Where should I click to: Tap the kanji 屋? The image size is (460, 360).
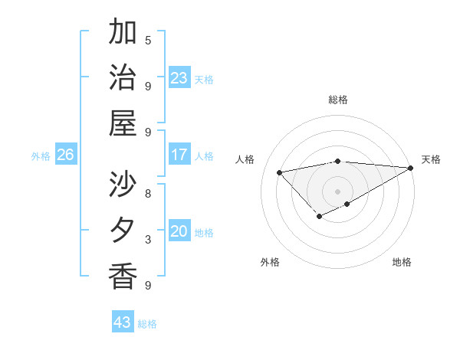123,123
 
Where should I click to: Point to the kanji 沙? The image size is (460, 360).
123,185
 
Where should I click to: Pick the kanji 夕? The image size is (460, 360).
123,231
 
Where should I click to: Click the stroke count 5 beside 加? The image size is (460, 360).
148,40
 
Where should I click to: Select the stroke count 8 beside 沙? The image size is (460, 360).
148,193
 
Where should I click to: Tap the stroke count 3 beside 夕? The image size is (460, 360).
148,240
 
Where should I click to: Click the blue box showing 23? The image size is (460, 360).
179,78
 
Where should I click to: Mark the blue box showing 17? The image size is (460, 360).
179,155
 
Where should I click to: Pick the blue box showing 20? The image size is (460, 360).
179,232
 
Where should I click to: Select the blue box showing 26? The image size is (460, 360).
66,155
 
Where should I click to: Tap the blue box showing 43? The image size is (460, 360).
123,322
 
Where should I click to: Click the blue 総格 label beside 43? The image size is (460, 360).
147,324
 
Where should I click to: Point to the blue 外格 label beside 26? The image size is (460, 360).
41,156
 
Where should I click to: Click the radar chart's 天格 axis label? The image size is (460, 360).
431,159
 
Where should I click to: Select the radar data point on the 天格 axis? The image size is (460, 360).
411,169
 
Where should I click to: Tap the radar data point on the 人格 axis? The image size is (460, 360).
279,172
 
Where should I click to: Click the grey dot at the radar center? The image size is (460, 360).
337,191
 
